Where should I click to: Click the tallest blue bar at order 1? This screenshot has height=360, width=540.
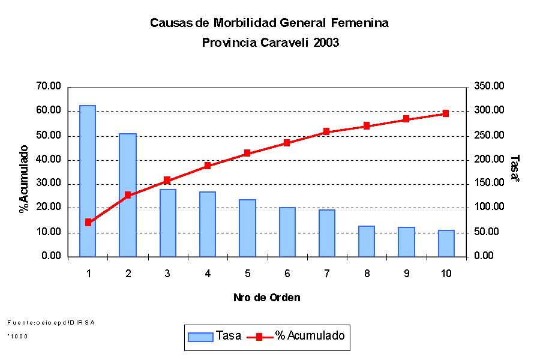click(88, 181)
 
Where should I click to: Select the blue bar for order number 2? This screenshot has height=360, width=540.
click(127, 195)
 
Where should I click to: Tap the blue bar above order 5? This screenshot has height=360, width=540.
click(247, 228)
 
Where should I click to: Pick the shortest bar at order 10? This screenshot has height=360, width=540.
click(446, 243)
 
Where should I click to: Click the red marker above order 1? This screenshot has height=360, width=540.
click(88, 222)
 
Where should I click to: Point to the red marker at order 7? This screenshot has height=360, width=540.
click(326, 131)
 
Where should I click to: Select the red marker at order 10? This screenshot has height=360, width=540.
click(446, 113)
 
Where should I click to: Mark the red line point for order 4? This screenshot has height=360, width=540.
click(208, 166)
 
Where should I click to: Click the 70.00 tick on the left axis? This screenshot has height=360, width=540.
click(49, 86)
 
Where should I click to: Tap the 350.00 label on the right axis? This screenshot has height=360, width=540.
click(490, 86)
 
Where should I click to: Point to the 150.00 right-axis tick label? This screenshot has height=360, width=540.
click(490, 183)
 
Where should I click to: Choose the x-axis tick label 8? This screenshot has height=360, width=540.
click(367, 274)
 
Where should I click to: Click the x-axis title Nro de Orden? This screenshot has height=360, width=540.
click(267, 298)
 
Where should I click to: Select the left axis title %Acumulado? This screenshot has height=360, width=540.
click(24, 179)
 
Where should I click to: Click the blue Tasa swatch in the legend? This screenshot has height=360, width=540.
click(200, 337)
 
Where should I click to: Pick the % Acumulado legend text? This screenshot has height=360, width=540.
click(310, 336)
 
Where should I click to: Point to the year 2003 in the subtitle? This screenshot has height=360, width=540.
click(326, 43)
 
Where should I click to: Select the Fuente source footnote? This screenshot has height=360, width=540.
click(51, 322)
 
